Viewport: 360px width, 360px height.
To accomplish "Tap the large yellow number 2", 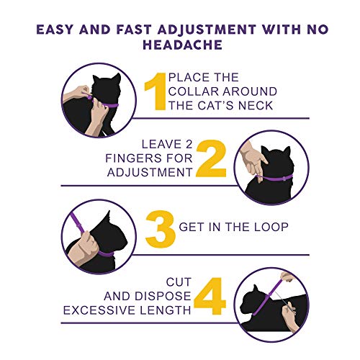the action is [211, 158].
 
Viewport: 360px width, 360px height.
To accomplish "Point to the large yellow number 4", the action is [210, 296].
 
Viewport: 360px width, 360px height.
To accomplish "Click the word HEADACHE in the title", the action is [182, 45].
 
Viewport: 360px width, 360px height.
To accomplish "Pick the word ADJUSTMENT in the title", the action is [207, 30].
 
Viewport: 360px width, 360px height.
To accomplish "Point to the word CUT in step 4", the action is [179, 282].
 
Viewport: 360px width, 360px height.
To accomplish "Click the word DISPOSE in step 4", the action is [163, 296].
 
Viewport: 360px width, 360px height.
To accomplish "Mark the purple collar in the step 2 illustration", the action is [274, 178].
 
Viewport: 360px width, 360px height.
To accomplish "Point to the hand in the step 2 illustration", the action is [253, 159].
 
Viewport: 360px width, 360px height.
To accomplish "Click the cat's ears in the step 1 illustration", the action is [107, 78].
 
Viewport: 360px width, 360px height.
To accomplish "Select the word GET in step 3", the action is [192, 227].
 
